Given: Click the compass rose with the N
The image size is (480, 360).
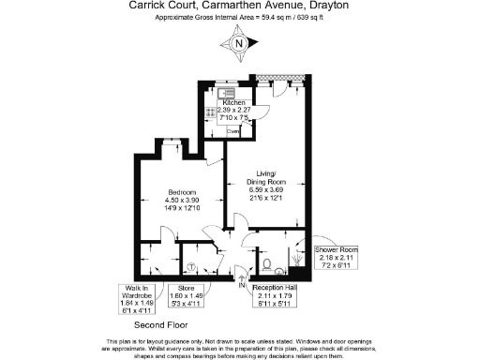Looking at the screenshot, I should [240, 42].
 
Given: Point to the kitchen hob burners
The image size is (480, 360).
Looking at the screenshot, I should [221, 121].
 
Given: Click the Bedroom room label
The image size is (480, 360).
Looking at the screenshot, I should [181, 191].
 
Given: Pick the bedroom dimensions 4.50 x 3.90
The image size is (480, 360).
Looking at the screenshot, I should [181, 199].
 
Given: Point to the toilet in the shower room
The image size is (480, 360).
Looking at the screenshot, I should [268, 262].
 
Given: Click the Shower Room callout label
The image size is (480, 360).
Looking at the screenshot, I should [337, 248].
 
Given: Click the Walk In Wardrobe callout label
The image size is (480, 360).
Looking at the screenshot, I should [136, 292].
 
